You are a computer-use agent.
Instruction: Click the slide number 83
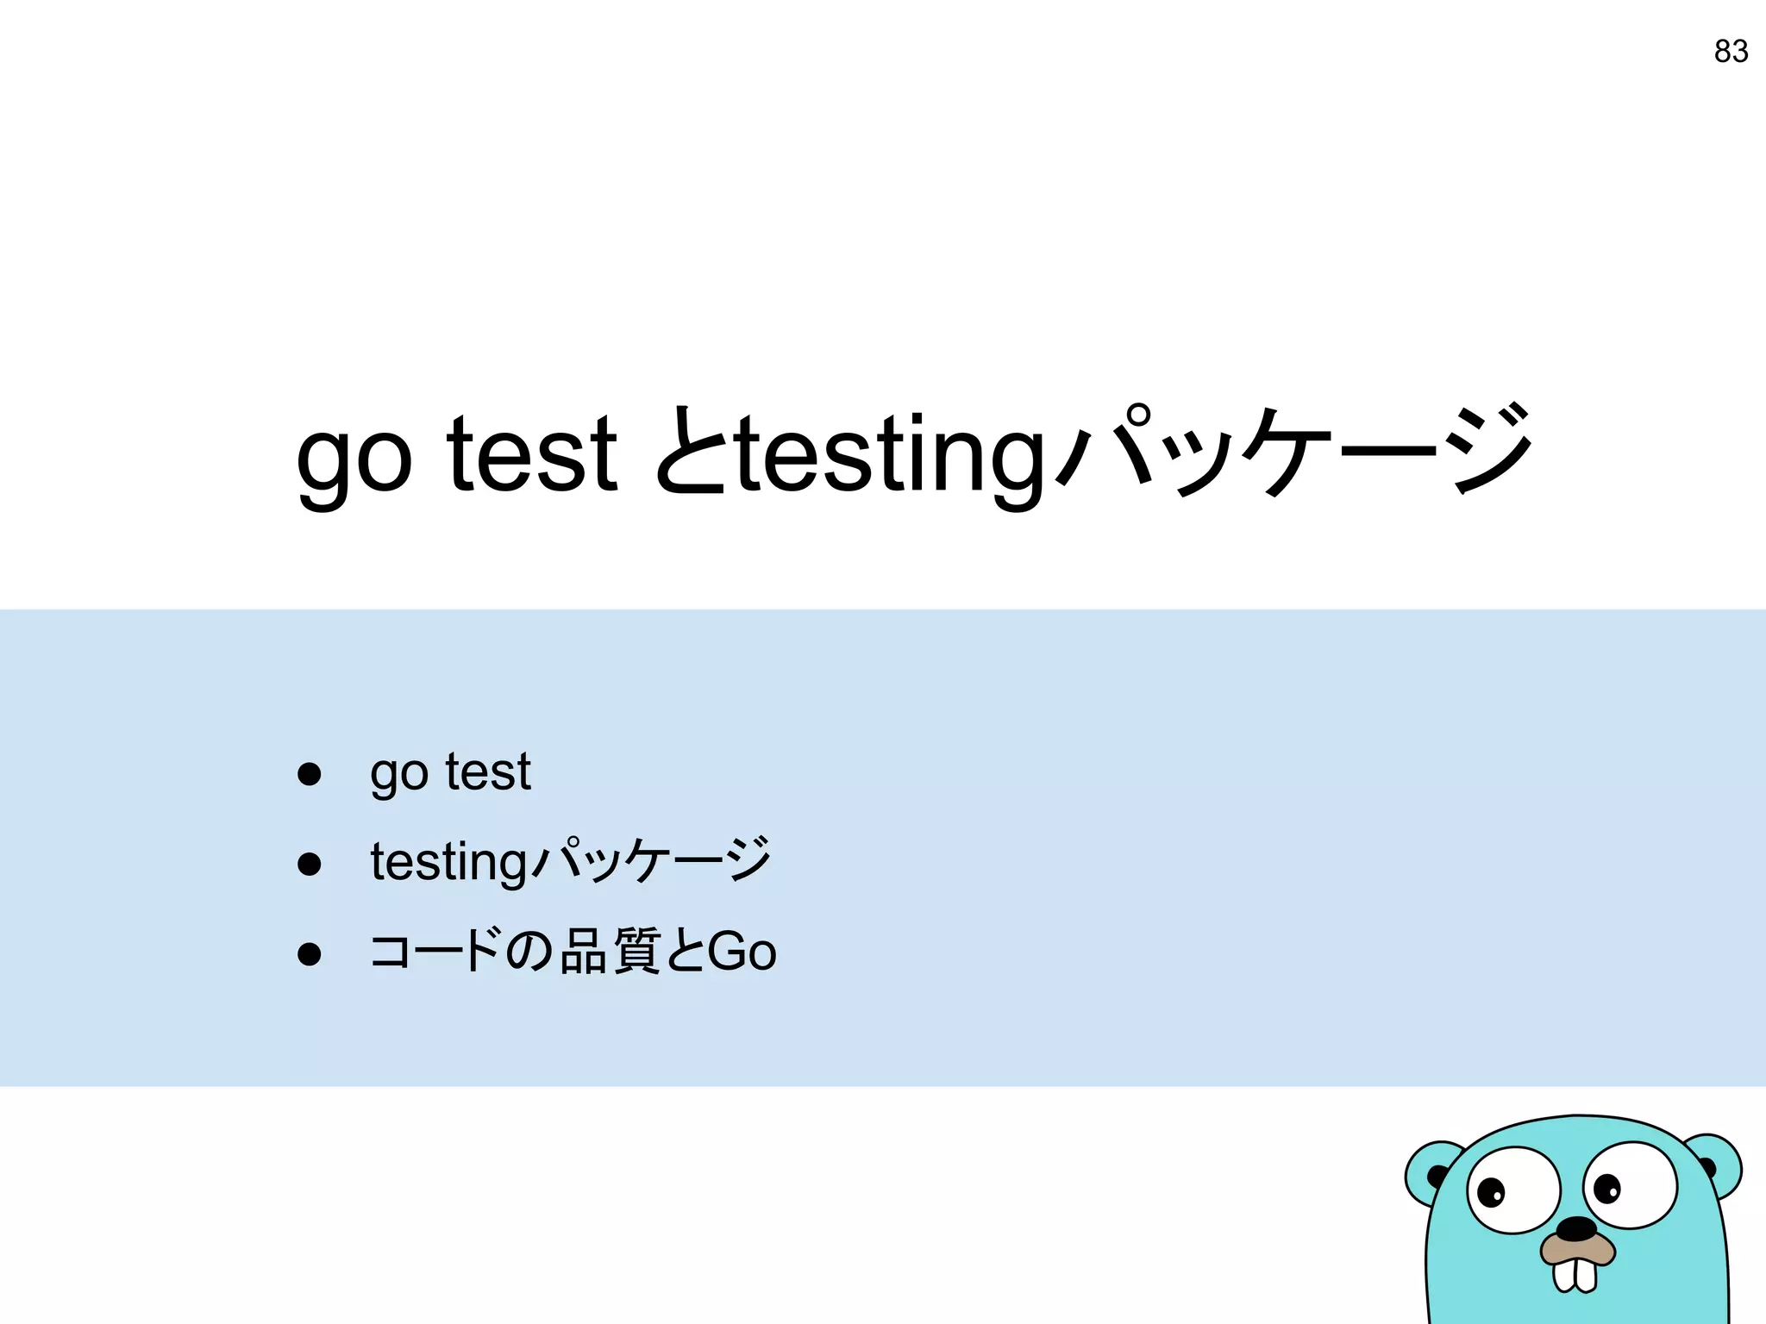(1730, 52)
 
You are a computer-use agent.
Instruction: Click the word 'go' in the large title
(354, 457)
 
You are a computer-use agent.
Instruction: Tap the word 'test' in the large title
(532, 453)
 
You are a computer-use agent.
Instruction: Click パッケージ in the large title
(1293, 452)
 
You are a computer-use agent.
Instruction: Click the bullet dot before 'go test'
(309, 773)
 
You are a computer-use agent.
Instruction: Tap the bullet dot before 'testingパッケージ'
(309, 864)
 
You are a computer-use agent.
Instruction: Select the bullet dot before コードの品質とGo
(309, 953)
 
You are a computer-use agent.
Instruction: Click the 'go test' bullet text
(450, 771)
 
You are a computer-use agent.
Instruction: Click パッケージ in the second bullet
(651, 860)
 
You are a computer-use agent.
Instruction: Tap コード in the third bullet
(435, 952)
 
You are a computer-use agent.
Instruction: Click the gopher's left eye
(1513, 1190)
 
